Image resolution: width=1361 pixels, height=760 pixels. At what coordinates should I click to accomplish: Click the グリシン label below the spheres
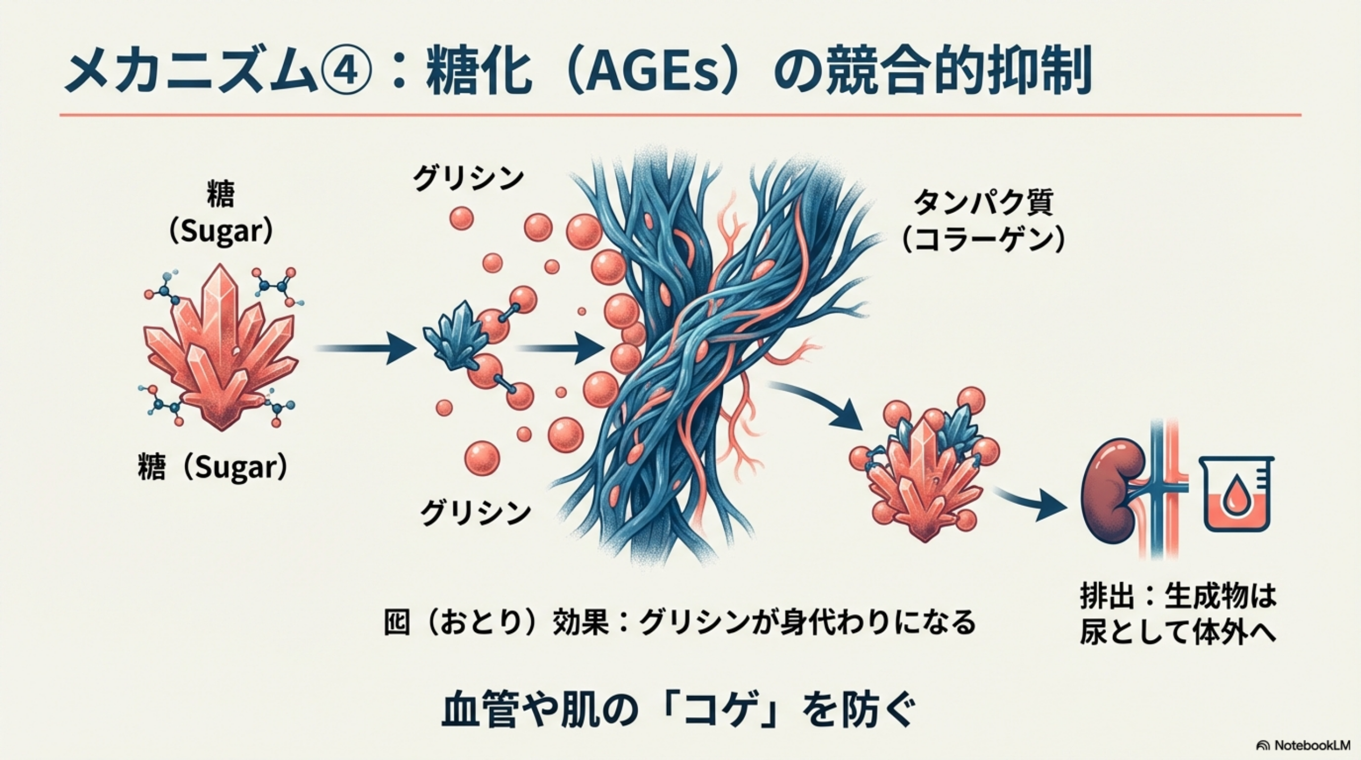pyautogui.click(x=475, y=513)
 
